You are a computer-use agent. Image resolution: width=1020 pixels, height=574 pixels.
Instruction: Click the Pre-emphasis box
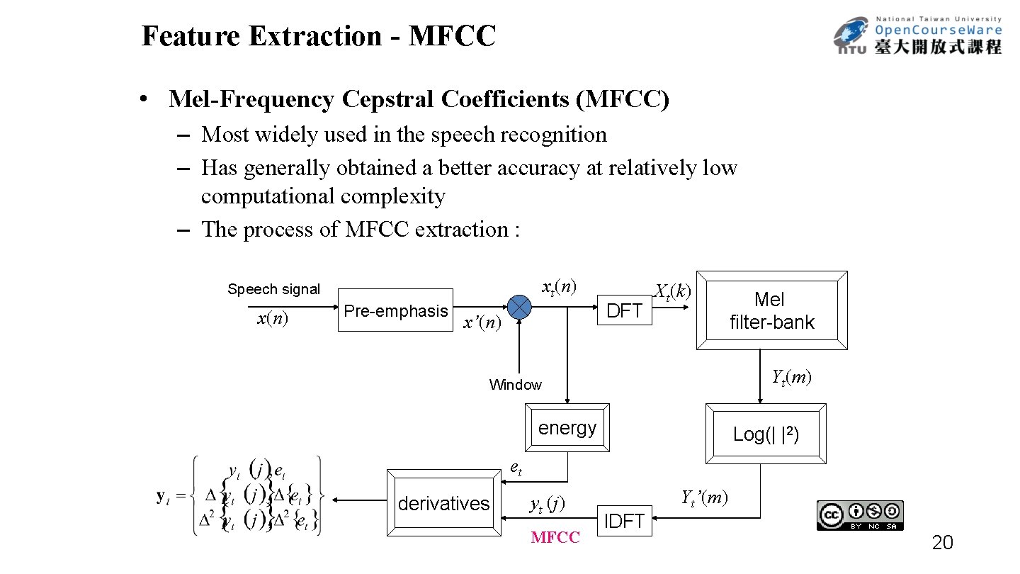pos(395,310)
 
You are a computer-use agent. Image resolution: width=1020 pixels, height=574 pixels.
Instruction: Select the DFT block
pos(624,310)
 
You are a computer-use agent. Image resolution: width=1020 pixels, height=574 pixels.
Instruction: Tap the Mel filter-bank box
pos(772,310)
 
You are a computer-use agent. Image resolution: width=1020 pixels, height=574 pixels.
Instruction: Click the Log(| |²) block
pos(766,434)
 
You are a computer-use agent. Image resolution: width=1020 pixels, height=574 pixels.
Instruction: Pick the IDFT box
pos(624,521)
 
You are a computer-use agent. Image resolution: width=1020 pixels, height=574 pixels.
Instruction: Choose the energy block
pos(567,427)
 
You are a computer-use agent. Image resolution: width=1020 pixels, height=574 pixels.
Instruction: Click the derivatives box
pos(443,503)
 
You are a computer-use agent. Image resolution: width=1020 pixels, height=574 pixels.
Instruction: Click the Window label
pos(515,385)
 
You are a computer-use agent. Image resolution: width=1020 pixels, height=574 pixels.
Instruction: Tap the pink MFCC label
pos(555,538)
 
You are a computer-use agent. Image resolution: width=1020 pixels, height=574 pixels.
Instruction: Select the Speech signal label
pos(273,289)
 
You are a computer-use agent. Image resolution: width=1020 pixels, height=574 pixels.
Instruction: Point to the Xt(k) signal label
pos(672,291)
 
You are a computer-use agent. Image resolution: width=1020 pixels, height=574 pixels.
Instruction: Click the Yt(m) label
pos(791,377)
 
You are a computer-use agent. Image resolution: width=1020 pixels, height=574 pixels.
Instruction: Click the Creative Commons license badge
pos(860,515)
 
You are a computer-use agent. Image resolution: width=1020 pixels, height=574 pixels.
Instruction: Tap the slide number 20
pos(942,544)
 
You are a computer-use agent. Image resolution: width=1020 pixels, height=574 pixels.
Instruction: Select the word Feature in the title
pos(191,36)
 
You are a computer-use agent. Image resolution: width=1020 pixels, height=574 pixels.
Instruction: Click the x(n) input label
pos(272,319)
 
